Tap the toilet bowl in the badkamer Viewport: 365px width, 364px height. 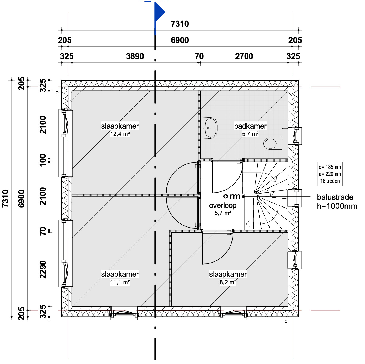[270, 144]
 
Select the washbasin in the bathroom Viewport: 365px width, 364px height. [209, 128]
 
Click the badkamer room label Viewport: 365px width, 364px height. [250, 126]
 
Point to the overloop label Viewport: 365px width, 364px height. [223, 205]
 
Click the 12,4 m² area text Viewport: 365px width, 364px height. [120, 134]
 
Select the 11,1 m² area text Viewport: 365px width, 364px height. [120, 282]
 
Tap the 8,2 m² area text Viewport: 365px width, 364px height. [228, 282]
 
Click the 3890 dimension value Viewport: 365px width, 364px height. [135, 56]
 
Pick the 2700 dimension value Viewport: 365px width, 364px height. [244, 56]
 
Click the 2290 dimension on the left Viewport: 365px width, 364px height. [43, 270]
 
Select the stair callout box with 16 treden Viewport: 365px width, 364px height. [330, 174]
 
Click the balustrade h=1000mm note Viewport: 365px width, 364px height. [337, 201]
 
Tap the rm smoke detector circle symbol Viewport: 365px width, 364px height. [225, 196]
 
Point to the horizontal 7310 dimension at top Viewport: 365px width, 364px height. [180, 24]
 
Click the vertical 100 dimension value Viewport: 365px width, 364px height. [43, 160]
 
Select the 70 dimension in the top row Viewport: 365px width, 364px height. [199, 56]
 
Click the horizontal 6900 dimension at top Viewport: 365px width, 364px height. [180, 40]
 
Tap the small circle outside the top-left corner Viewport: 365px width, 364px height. [57, 93]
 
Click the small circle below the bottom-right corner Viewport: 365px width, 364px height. [286, 321]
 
